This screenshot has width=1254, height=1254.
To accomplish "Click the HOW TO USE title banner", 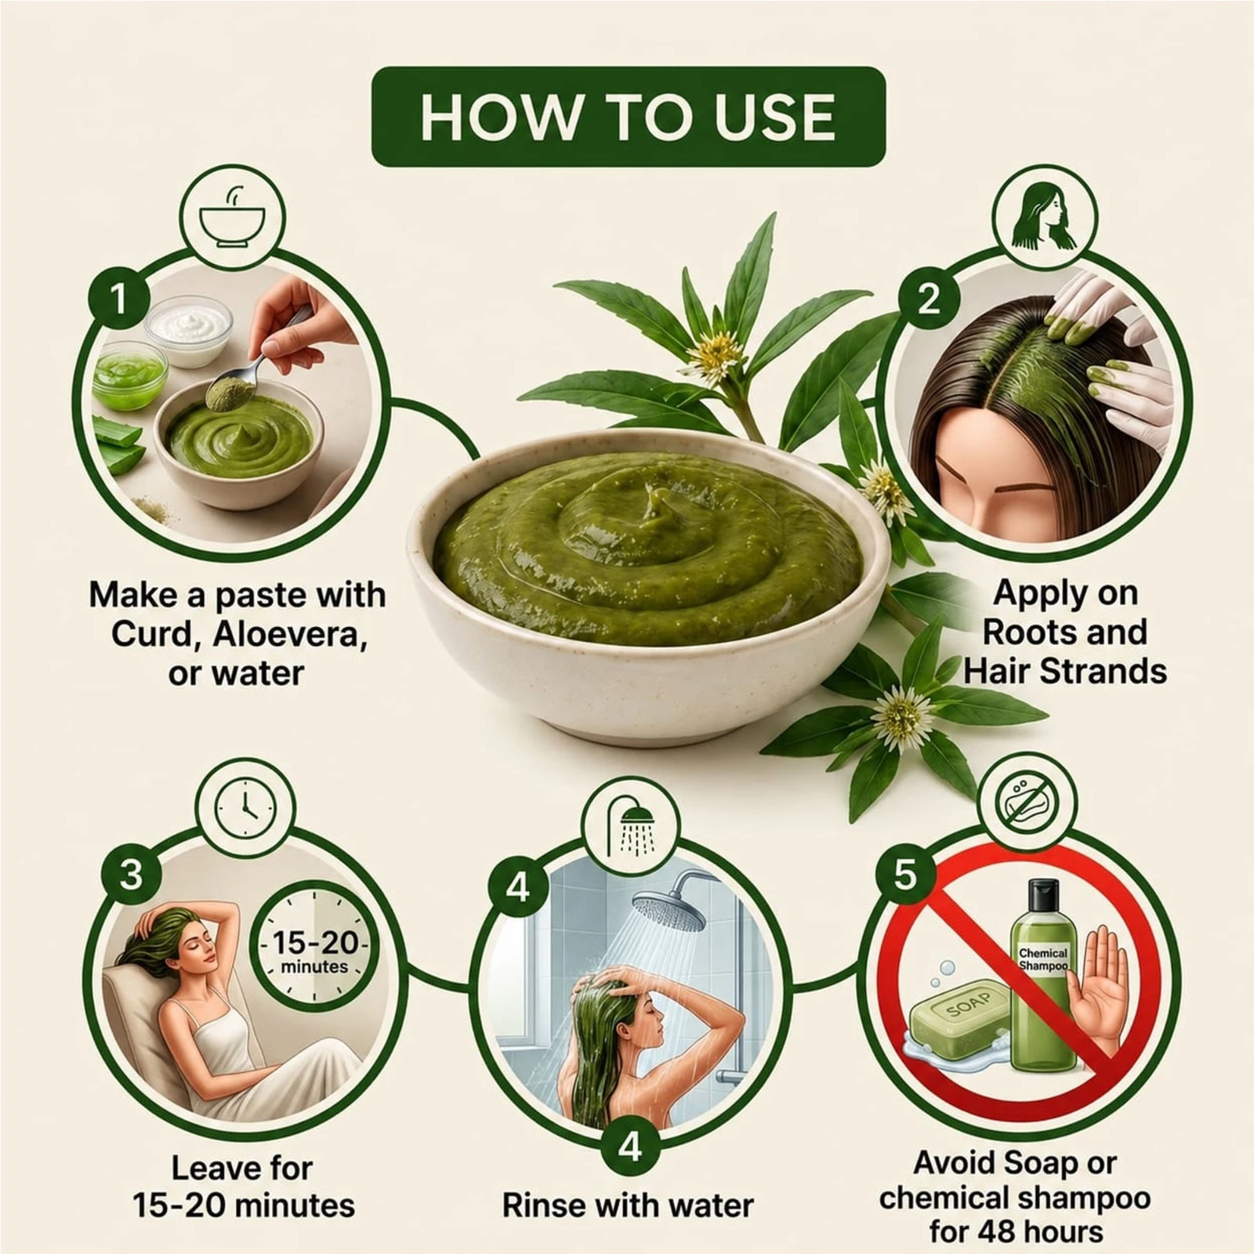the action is [x=628, y=117].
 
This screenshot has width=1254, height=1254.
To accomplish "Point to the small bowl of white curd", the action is [x=189, y=329].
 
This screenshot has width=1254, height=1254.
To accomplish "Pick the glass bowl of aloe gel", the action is [x=129, y=374].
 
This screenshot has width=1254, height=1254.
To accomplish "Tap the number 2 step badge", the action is [x=929, y=299].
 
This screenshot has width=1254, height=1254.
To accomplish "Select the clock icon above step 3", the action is [x=245, y=808].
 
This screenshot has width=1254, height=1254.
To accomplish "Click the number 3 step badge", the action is [x=131, y=874].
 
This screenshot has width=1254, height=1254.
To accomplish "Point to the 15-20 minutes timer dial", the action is [x=314, y=945].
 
